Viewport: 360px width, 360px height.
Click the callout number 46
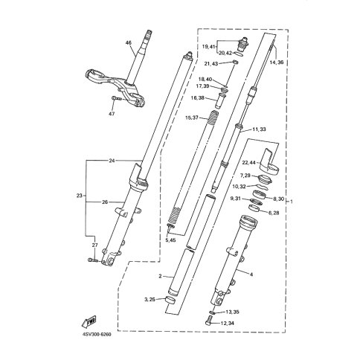129,43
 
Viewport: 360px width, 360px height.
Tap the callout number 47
112,114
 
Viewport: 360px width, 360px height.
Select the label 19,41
208,46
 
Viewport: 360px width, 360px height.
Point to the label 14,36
277,62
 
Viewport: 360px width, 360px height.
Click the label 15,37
192,118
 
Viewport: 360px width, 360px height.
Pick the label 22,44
248,162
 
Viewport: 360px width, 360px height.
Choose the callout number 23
80,196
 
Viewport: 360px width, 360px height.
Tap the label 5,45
170,240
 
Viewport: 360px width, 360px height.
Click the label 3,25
150,300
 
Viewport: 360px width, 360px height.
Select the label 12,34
228,323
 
